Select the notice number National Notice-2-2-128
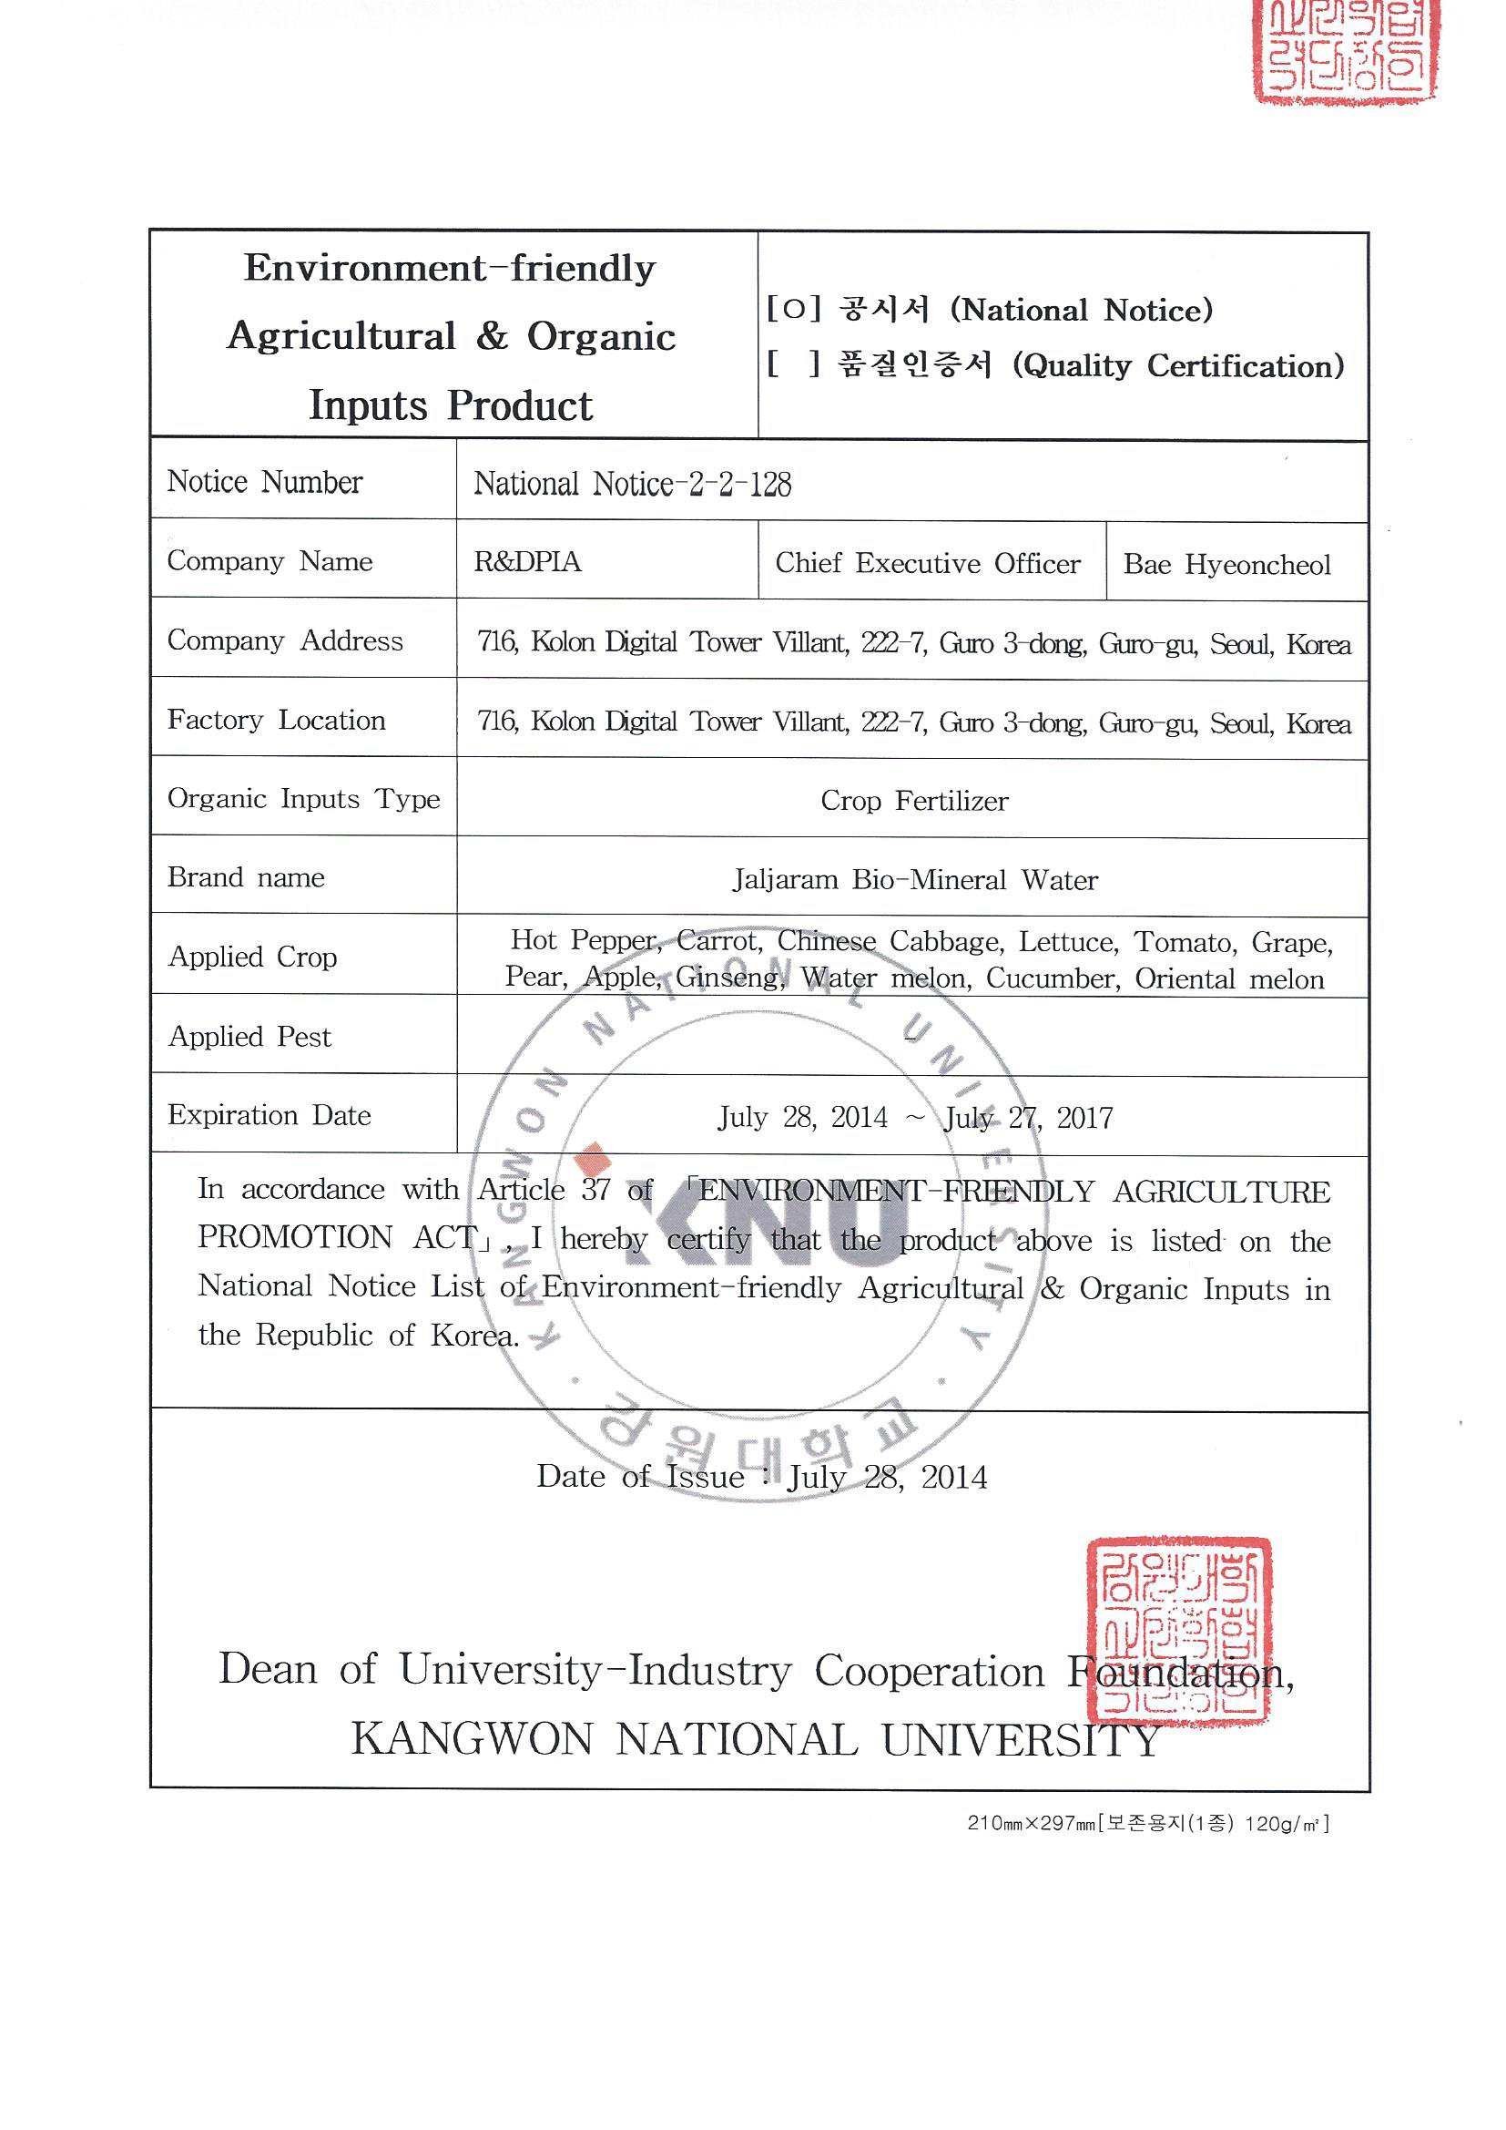click(x=633, y=485)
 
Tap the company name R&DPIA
click(x=528, y=562)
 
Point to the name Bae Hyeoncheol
click(x=1226, y=564)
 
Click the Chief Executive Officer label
click(x=927, y=563)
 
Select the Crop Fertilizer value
click(x=913, y=801)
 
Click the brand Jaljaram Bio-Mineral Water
click(x=914, y=879)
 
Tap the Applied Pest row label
click(x=249, y=1036)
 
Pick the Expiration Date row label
click(x=269, y=1115)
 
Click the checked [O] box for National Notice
click(x=794, y=310)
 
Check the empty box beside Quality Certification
click(x=794, y=364)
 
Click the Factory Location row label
click(x=277, y=720)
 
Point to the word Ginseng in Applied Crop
click(x=729, y=977)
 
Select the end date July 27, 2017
click(x=1027, y=1118)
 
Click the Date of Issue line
click(x=761, y=1477)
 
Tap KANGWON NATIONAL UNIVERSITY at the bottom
click(x=756, y=1739)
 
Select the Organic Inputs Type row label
click(x=303, y=799)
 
